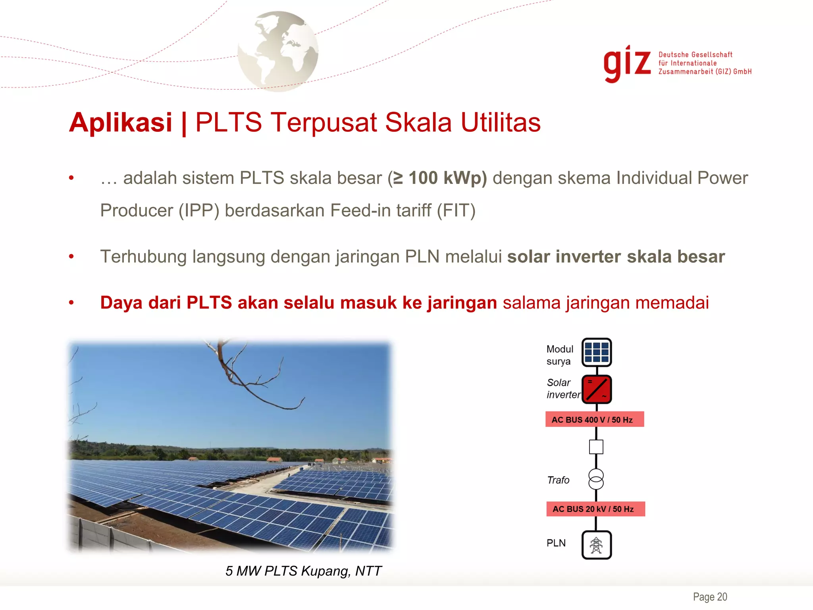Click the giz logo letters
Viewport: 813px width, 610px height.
[x=627, y=64]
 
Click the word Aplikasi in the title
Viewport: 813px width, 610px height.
[x=121, y=122]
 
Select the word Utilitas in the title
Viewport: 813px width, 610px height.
[x=501, y=122]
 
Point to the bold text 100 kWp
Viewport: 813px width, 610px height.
[x=447, y=178]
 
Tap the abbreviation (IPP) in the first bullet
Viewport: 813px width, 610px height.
[x=199, y=210]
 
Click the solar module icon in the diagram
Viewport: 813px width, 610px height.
[x=596, y=352]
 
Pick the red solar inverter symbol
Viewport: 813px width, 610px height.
[x=596, y=389]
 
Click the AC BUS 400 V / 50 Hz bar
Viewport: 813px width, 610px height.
[x=594, y=419]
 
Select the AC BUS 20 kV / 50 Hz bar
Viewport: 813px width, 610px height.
[x=595, y=509]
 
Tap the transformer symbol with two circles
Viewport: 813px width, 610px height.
[x=596, y=479]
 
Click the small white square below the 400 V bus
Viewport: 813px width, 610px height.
[x=596, y=447]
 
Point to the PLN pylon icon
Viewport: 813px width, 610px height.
[x=596, y=545]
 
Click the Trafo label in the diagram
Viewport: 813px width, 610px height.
[x=558, y=480]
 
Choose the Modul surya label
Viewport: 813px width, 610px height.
[x=560, y=355]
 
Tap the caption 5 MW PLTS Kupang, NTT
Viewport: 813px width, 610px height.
[x=303, y=571]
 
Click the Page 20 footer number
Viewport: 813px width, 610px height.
[x=710, y=597]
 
